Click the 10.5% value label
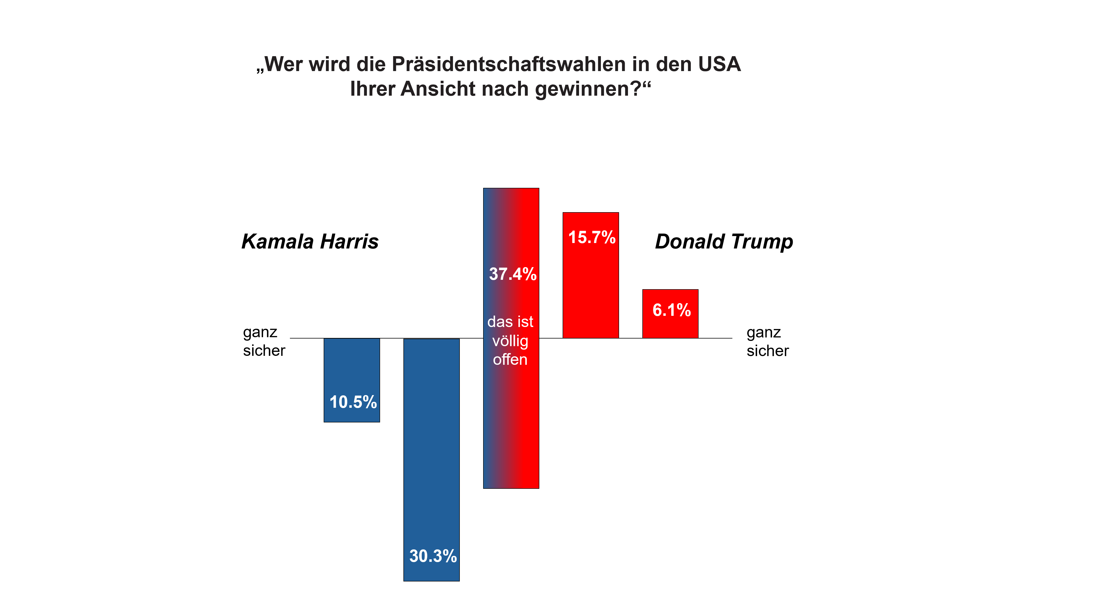(353, 402)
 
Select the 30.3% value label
(433, 556)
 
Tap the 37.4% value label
(512, 274)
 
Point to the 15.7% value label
(591, 237)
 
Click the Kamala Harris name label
(310, 242)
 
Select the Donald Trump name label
(724, 242)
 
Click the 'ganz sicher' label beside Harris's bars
(264, 341)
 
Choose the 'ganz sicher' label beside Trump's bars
(768, 341)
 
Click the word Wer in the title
(282, 65)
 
